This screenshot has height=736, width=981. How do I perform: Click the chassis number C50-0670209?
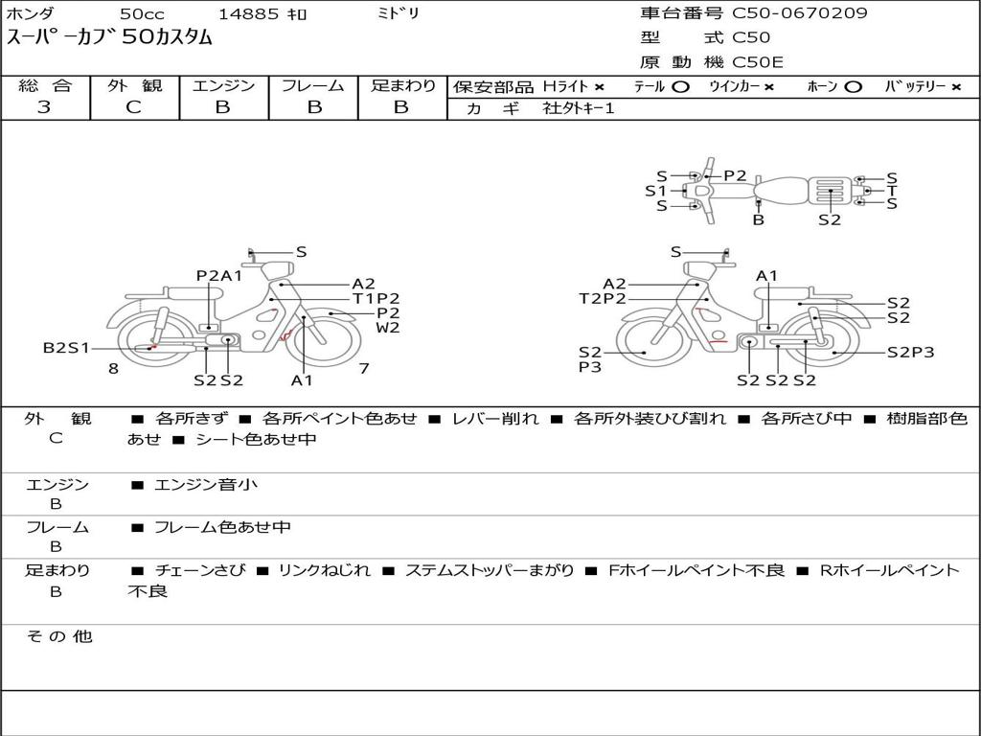[x=800, y=13]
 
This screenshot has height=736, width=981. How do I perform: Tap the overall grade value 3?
[x=44, y=107]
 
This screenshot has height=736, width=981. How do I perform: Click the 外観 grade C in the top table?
[x=134, y=107]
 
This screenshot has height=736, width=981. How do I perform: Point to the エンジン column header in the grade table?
[x=223, y=85]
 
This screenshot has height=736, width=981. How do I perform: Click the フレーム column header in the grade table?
[x=313, y=85]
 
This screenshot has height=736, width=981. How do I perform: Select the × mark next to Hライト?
[x=600, y=87]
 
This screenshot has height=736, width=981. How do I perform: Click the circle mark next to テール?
[x=681, y=87]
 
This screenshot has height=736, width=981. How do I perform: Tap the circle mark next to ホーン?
[x=853, y=87]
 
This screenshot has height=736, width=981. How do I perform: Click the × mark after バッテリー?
[x=956, y=87]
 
